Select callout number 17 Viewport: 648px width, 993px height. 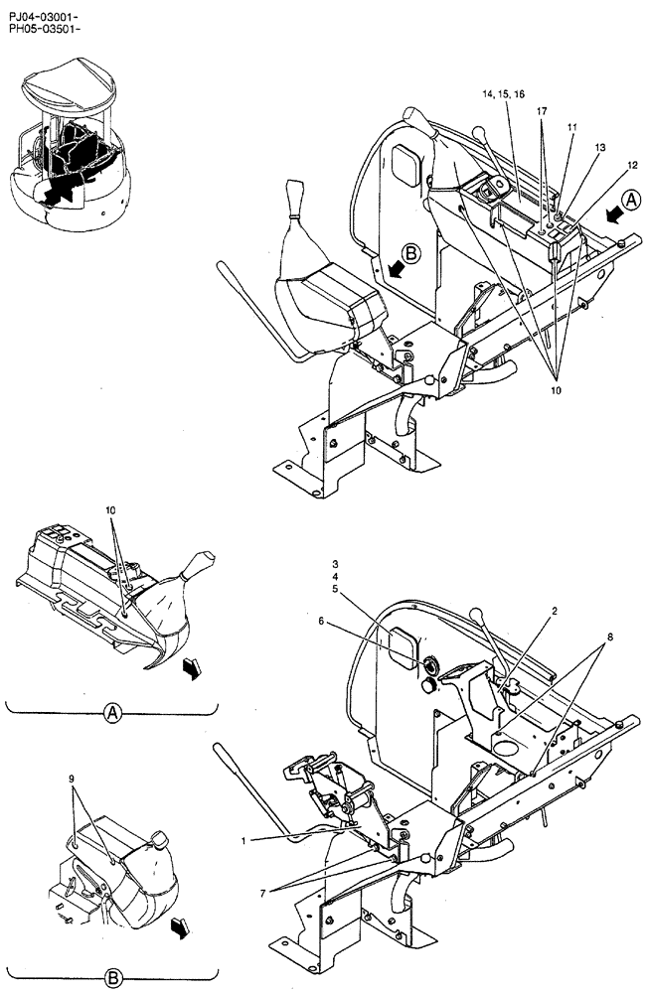click(x=542, y=112)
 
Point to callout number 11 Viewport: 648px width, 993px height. click(x=572, y=127)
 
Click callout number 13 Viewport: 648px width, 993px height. click(x=599, y=147)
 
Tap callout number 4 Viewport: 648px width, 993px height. click(x=336, y=576)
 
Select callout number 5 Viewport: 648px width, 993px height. click(x=336, y=589)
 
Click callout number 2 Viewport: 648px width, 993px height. click(x=555, y=612)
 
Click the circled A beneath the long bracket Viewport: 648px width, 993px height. click(x=112, y=712)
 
